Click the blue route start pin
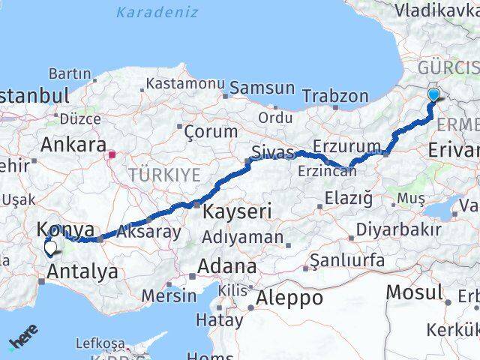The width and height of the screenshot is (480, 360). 434,94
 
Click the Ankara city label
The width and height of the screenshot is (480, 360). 73,144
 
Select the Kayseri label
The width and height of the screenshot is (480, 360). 236,211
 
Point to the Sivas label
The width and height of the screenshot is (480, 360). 272,152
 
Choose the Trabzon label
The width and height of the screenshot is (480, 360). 335,96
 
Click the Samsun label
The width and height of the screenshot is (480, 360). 262,88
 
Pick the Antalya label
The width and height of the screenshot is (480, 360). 82,271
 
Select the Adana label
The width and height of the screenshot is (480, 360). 226,266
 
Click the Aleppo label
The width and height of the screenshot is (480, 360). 289,297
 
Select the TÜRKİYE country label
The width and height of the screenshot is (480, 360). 164,175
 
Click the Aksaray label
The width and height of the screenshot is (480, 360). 147,231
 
